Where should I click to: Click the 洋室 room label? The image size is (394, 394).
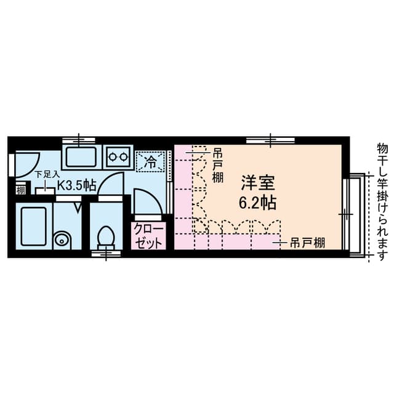click(x=258, y=183)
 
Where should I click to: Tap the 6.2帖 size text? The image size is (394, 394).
click(x=257, y=203)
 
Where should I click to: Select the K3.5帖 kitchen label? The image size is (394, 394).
click(x=77, y=185)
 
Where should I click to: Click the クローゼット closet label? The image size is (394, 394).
click(x=148, y=236)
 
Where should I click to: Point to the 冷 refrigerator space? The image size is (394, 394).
click(x=150, y=162)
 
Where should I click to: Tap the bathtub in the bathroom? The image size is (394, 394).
click(x=34, y=226)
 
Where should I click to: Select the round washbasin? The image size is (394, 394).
click(x=61, y=241)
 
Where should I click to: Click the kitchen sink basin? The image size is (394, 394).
click(x=81, y=157)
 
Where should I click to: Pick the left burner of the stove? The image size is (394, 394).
click(x=112, y=157)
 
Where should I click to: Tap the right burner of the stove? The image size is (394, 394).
click(x=123, y=157)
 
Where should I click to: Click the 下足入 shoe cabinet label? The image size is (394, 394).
click(x=47, y=174)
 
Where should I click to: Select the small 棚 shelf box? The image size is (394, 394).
click(x=21, y=190)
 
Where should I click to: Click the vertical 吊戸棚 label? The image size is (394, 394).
click(x=217, y=166)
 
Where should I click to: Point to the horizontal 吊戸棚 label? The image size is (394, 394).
click(x=307, y=243)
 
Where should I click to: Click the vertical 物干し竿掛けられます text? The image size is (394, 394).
click(x=381, y=202)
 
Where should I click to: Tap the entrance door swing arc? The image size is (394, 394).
click(x=33, y=168)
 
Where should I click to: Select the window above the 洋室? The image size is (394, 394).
click(x=270, y=140)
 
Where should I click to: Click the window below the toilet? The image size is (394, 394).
click(x=106, y=254)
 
